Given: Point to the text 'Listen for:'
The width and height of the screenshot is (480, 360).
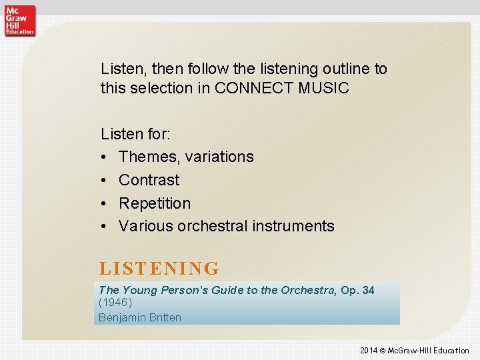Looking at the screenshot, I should pyautogui.click(x=135, y=134).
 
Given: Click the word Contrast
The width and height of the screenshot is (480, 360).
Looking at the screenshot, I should pyautogui.click(x=149, y=180).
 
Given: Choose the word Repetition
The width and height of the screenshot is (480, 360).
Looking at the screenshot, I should pyautogui.click(x=155, y=203).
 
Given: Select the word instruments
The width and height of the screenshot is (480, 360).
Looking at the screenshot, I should pyautogui.click(x=293, y=227).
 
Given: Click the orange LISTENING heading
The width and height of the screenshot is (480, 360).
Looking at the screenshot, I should pyautogui.click(x=159, y=269).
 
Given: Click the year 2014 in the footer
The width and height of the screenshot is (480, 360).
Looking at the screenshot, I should pyautogui.click(x=368, y=351).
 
